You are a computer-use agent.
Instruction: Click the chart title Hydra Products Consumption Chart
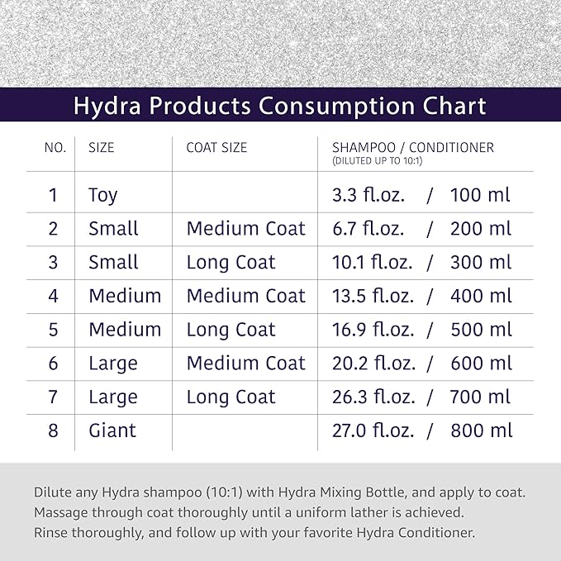[x=279, y=106]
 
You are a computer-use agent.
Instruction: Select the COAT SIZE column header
[x=216, y=148]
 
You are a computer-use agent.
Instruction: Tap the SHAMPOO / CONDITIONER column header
[x=406, y=148]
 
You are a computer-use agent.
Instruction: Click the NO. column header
[x=55, y=148]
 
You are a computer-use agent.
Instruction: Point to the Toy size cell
[x=103, y=196]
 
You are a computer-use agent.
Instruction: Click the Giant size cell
[x=112, y=430]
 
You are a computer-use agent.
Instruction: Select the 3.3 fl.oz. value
[x=361, y=196]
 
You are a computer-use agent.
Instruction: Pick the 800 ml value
[x=481, y=430]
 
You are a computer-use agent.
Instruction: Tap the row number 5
[x=54, y=330]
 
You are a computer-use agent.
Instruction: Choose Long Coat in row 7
[x=231, y=397]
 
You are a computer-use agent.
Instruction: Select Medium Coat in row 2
[x=245, y=229]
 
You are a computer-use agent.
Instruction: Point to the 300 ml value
[x=481, y=263]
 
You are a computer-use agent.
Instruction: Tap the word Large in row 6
[x=113, y=364]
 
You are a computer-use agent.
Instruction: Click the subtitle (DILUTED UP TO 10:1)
[x=377, y=161]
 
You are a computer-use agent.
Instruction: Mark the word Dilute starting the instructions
[x=52, y=492]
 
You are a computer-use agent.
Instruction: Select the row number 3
[x=54, y=263]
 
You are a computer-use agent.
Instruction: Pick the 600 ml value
[x=481, y=364]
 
